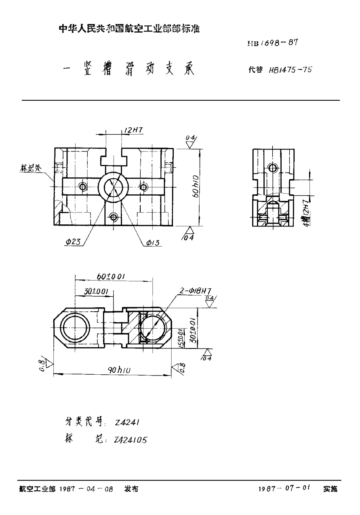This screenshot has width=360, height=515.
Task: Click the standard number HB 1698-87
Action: (274, 43)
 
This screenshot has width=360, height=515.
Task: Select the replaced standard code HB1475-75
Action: (287, 70)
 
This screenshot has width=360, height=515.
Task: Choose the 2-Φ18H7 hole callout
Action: (195, 291)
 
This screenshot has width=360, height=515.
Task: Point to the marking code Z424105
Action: (130, 440)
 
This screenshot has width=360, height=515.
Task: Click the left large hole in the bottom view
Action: (76, 328)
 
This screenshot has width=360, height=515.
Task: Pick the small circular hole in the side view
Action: (273, 167)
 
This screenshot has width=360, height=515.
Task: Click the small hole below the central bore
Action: (114, 217)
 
